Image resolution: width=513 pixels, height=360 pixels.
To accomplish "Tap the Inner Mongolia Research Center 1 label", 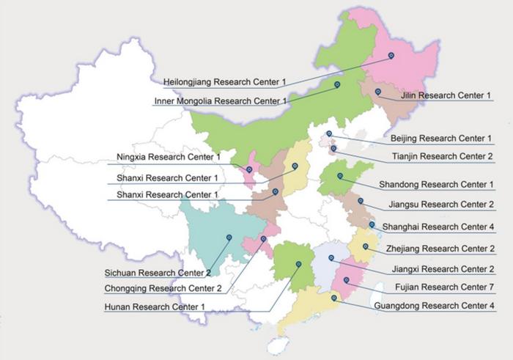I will pyautogui.click(x=221, y=101).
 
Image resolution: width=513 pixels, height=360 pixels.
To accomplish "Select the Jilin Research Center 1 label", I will pyautogui.click(x=446, y=95).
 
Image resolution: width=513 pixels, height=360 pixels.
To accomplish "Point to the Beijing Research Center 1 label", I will pyautogui.click(x=441, y=139).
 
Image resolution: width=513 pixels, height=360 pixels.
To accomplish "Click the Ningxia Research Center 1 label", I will pyautogui.click(x=169, y=157).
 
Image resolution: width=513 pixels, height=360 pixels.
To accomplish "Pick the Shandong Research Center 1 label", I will pyautogui.click(x=437, y=184).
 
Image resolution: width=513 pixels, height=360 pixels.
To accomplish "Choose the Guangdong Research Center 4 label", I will pyautogui.click(x=434, y=306).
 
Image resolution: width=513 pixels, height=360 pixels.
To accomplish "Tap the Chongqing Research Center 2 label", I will pyautogui.click(x=163, y=288).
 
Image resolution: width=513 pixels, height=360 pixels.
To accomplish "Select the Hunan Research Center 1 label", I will pyautogui.click(x=155, y=306).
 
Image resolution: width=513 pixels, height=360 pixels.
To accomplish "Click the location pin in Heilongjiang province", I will pyautogui.click(x=391, y=55).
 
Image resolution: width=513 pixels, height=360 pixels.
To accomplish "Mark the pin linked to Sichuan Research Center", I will pyautogui.click(x=229, y=237).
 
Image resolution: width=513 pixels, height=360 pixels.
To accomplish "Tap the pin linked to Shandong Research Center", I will pyautogui.click(x=340, y=175).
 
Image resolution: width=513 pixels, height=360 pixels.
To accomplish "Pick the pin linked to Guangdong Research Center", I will pyautogui.click(x=334, y=298).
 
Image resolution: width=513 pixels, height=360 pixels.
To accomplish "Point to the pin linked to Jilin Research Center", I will pyautogui.click(x=378, y=92).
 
